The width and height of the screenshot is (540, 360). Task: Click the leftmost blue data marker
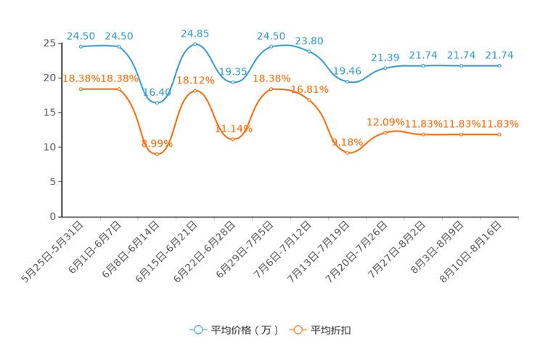pyautogui.click(x=81, y=46)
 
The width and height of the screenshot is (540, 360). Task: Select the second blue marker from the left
pyautogui.click(x=119, y=46)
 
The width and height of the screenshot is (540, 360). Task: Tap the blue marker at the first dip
pyautogui.click(x=157, y=102)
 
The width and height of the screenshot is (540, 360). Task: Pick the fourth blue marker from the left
pyautogui.click(x=195, y=45)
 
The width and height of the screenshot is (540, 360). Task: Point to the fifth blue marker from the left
pyautogui.click(x=232, y=81)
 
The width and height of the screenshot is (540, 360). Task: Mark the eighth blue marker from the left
pyautogui.click(x=348, y=81)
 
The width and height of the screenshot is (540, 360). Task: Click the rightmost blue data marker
pyautogui.click(x=499, y=66)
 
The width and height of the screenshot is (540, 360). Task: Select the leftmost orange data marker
pyautogui.click(x=81, y=89)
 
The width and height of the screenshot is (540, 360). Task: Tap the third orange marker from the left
pyautogui.click(x=157, y=153)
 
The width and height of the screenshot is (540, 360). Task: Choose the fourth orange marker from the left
pyautogui.click(x=195, y=91)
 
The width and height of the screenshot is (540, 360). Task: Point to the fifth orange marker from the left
pyautogui.click(x=232, y=138)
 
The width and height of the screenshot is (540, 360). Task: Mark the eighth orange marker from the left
pyautogui.click(x=348, y=152)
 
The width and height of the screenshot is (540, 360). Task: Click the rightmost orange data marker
pyautogui.click(x=499, y=134)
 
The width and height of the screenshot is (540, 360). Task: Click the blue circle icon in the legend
pyautogui.click(x=198, y=330)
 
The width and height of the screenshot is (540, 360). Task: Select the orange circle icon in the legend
pyautogui.click(x=298, y=330)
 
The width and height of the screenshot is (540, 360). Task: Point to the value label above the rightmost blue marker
pyautogui.click(x=499, y=54)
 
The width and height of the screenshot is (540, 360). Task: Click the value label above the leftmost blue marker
pyautogui.click(x=81, y=35)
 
